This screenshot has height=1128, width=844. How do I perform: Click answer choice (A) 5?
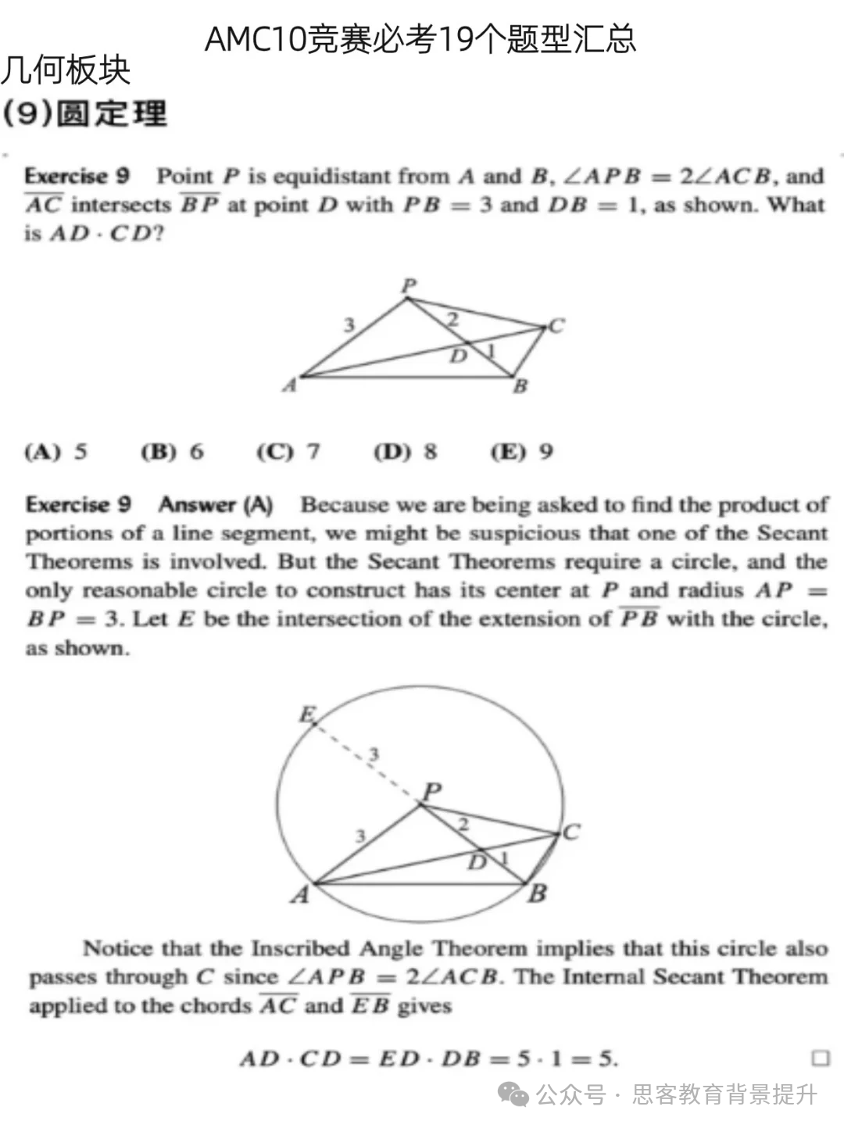click(56, 452)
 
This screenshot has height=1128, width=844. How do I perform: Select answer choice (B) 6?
click(172, 452)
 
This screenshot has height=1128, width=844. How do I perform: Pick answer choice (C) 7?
click(288, 452)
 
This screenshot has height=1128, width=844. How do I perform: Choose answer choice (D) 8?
click(406, 452)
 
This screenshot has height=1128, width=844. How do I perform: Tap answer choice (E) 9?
click(522, 452)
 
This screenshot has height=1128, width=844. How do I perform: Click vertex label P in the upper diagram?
click(409, 285)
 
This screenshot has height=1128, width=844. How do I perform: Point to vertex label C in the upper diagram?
click(556, 325)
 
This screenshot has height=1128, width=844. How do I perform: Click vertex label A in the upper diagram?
click(290, 385)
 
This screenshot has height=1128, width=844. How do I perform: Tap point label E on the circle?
click(308, 714)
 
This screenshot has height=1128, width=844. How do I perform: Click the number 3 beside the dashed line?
click(374, 754)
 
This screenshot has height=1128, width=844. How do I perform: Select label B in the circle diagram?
click(537, 893)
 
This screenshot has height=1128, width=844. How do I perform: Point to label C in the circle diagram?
click(571, 833)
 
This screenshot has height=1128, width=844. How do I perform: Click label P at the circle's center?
click(431, 791)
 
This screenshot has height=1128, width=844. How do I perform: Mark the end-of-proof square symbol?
click(820, 1058)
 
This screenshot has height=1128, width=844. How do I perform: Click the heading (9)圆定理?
click(84, 114)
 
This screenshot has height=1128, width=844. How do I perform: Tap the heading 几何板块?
click(66, 70)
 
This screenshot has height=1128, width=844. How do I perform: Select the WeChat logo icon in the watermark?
click(513, 1094)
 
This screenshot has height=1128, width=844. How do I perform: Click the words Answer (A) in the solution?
click(216, 505)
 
